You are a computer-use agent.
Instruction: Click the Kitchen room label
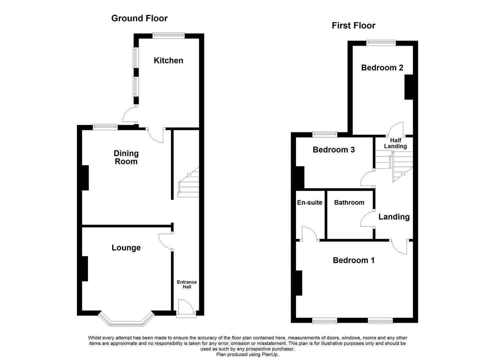tap(168, 60)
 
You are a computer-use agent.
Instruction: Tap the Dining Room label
tap(126, 157)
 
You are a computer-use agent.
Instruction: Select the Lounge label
tap(126, 248)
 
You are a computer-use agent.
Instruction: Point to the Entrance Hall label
tap(187, 284)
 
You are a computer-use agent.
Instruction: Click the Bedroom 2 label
tap(382, 68)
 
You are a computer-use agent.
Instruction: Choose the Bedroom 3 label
tap(334, 150)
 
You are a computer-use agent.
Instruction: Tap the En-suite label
tap(310, 202)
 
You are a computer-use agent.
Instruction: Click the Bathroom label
tap(349, 202)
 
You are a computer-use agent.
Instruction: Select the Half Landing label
tap(395, 143)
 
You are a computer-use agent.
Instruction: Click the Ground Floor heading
tap(139, 18)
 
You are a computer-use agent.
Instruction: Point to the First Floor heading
tap(353, 26)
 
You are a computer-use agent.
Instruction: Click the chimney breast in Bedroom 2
tap(409, 87)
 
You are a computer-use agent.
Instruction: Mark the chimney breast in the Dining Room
tap(85, 178)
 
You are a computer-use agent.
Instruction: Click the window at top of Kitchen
tap(169, 35)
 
